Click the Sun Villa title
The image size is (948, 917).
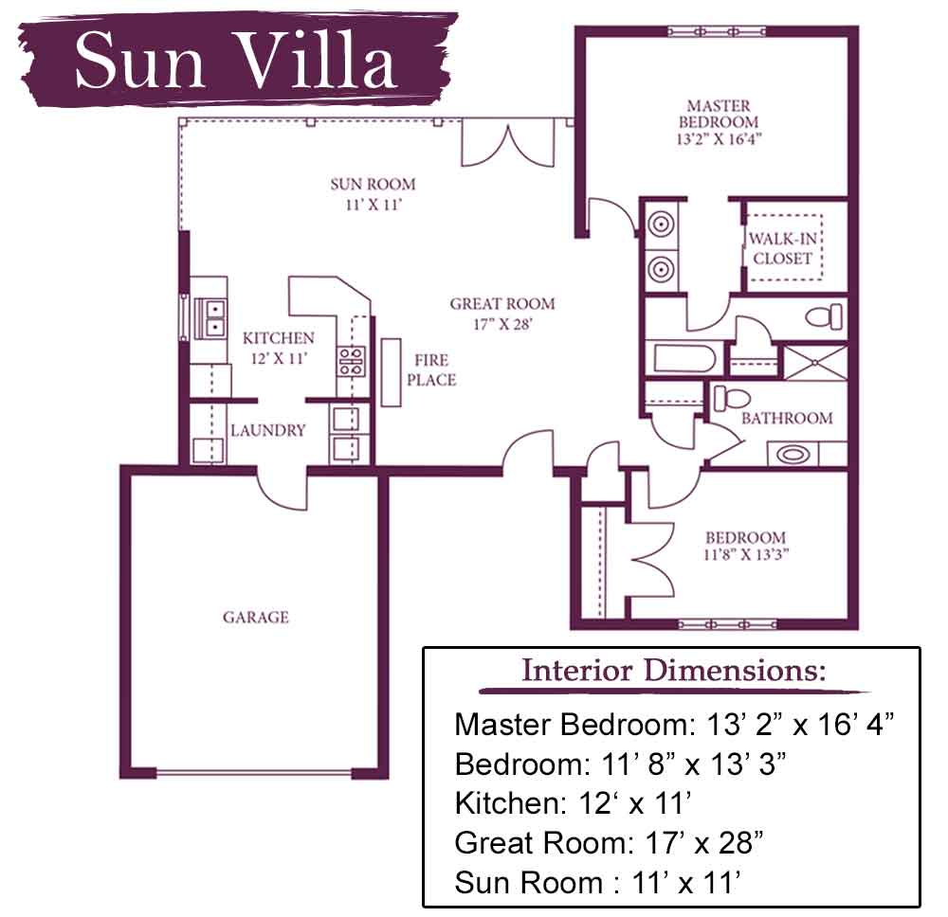pos(236,61)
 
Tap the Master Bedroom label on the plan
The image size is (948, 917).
pos(719,122)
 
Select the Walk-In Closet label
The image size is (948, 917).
pos(782,248)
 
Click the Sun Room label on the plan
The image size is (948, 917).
pos(373,194)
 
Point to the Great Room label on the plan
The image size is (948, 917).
pos(501,314)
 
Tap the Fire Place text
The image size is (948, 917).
pos(431,369)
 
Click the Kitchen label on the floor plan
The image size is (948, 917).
pos(279,348)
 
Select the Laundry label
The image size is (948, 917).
pos(268,431)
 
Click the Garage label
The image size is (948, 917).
pos(256,617)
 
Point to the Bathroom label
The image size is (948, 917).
pos(787,418)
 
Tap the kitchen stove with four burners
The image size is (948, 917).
pos(352,361)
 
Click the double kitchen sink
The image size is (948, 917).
pos(215,317)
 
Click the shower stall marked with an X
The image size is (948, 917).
pos(815,362)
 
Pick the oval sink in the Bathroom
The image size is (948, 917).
pos(793,455)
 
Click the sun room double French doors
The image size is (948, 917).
pos(508,144)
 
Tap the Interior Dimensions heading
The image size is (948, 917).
pos(674,670)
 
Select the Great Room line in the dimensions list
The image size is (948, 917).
pos(609,842)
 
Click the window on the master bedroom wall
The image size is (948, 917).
pos(717,31)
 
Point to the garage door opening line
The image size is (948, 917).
pos(254,772)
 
